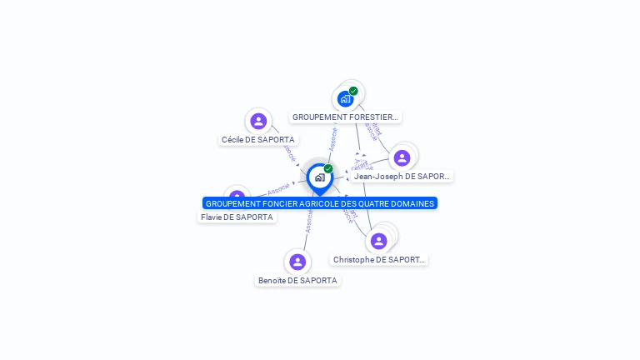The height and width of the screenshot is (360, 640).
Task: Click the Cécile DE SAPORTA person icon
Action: pos(258,122)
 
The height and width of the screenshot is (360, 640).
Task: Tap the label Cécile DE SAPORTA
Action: pos(257,140)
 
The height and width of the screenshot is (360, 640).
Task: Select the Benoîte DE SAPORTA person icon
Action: pos(297,262)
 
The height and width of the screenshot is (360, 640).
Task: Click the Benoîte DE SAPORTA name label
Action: pos(297,281)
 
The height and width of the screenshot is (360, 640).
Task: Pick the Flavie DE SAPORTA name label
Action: pos(237,217)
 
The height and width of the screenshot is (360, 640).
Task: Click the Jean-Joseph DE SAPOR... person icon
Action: pos(402,158)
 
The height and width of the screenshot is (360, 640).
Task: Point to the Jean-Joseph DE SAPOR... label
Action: pos(402,177)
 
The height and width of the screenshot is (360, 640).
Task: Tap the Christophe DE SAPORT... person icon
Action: pos(379,241)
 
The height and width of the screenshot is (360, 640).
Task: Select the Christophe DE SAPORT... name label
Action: pos(379,260)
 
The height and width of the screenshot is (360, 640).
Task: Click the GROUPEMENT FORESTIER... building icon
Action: pos(345,99)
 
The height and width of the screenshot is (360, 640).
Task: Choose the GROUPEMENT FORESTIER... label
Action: pos(346,117)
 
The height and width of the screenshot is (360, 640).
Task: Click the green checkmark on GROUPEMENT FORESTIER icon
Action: pos(353,91)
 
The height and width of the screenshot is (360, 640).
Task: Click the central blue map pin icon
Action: pos(319,177)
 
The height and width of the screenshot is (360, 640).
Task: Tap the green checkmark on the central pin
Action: pos(328,169)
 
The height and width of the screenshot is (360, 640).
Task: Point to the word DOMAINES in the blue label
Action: pos(411,203)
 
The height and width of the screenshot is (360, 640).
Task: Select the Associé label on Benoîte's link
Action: pos(309,221)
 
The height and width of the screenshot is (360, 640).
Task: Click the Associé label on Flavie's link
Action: pos(279,189)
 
